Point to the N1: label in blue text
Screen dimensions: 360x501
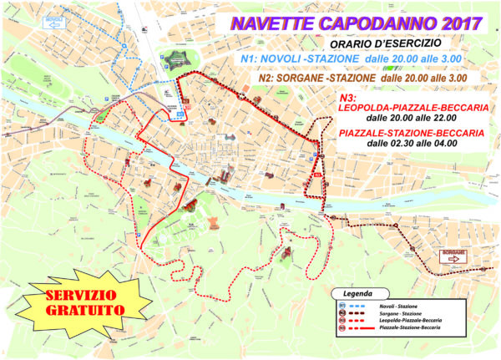click(x=251, y=60)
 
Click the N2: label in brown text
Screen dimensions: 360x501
click(x=273, y=77)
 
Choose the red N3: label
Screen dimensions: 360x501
click(x=344, y=98)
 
